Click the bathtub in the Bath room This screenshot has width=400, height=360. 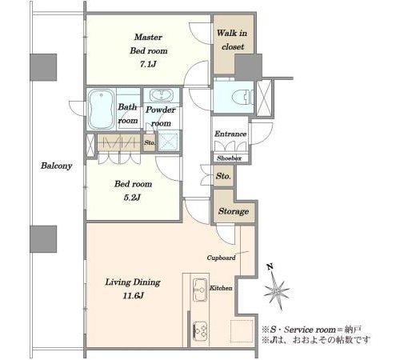[x=101, y=109]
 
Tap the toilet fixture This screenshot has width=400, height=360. [x=242, y=98]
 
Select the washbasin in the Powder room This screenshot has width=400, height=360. [x=162, y=95]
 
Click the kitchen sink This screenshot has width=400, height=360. [x=200, y=290]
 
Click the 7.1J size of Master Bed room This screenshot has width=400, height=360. [x=148, y=64]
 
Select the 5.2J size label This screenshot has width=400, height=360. [x=132, y=198]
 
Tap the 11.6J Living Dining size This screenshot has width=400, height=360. [x=134, y=296]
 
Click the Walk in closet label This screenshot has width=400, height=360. [x=232, y=40]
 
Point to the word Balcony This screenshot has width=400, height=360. [x=57, y=166]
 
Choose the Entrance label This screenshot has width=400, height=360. [x=230, y=134]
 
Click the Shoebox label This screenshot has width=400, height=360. [x=229, y=158]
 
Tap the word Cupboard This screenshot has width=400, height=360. [x=222, y=258]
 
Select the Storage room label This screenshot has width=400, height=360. [x=234, y=211]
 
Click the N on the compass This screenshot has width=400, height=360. [x=270, y=266]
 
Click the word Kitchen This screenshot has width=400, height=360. [x=221, y=288]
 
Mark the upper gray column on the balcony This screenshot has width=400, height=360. [x=43, y=67]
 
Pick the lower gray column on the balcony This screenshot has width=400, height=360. [x=43, y=239]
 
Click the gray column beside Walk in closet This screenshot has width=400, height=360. [x=248, y=67]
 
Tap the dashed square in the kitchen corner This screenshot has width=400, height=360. [x=242, y=330]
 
